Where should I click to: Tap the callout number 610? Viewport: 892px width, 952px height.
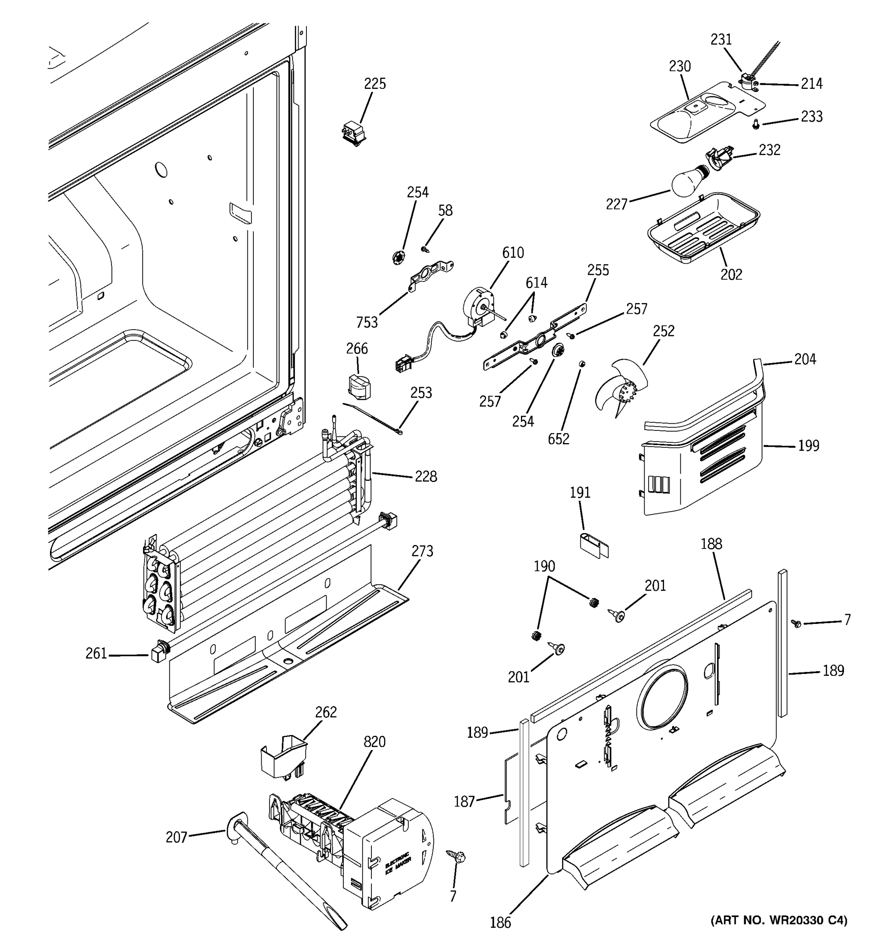coord(513,252)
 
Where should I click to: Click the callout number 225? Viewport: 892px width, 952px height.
coord(375,84)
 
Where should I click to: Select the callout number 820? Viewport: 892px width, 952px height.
coord(374,741)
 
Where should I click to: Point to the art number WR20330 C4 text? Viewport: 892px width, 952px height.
coord(779,920)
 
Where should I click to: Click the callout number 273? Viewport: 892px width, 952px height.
coord(422,551)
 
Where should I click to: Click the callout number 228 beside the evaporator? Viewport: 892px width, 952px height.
coord(425,476)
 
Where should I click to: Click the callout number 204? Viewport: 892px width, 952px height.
coord(805,359)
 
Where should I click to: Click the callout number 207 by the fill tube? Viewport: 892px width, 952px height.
coord(176,837)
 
